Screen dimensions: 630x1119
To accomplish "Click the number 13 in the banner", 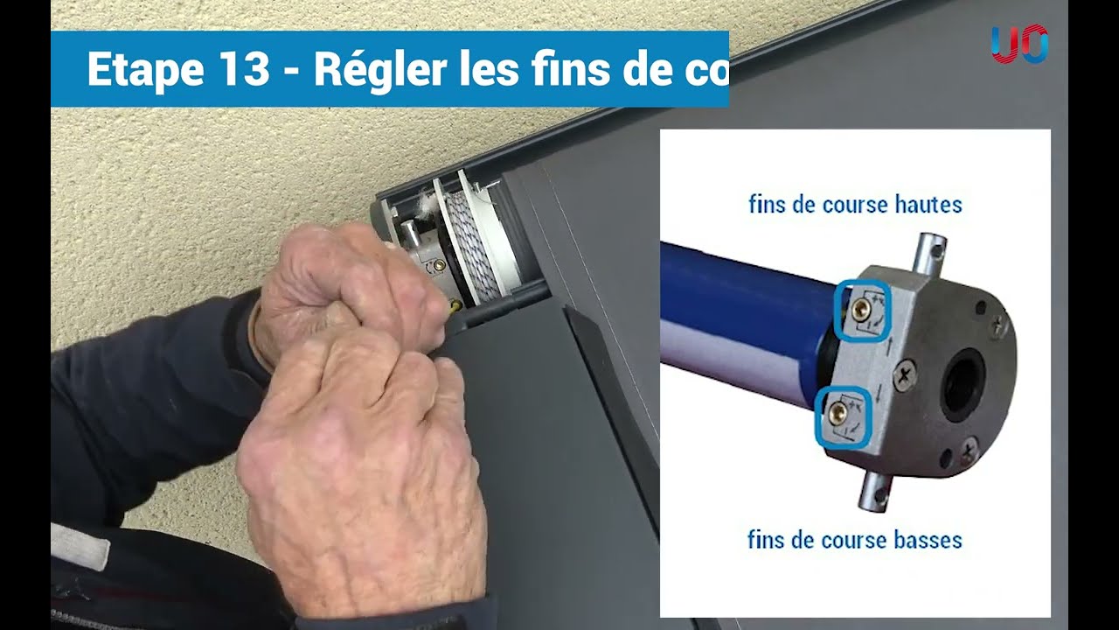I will (x=239, y=70).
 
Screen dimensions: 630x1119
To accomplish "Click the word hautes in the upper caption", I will (x=920, y=205).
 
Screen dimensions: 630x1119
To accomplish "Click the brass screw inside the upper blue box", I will (x=861, y=307).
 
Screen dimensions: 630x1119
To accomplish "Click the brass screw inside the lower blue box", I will (x=840, y=412).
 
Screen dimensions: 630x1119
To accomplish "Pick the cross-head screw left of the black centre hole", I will (x=905, y=379).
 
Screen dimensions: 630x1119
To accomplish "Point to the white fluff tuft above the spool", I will (x=427, y=205).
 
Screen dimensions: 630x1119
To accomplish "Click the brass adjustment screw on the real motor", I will (x=439, y=260).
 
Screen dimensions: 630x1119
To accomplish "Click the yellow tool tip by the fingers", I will (x=455, y=306).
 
